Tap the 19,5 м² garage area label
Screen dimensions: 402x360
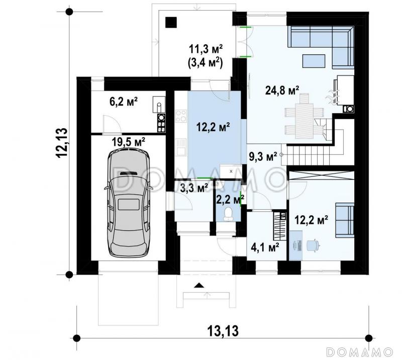[129, 142]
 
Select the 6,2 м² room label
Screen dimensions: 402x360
[124, 102]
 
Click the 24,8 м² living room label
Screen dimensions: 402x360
[282, 91]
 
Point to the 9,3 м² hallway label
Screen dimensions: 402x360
[263, 156]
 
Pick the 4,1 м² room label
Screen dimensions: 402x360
[265, 247]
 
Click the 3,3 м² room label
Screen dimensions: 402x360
[194, 188]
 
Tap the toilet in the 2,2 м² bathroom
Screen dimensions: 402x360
[228, 214]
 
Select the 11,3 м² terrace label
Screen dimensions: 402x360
[206, 49]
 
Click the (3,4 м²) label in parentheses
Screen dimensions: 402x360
[205, 63]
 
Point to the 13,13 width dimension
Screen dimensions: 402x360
[223, 331]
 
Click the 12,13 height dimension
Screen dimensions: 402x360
[62, 143]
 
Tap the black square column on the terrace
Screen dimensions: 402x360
[171, 22]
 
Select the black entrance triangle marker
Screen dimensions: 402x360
[198, 285]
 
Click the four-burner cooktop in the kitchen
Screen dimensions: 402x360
[181, 116]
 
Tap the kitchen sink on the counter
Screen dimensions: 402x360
[181, 147]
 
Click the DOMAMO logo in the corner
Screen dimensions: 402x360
[360, 351]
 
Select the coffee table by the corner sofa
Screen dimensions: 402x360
[314, 61]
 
